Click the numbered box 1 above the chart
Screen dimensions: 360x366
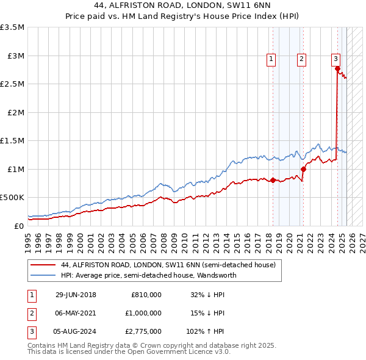click(271, 59)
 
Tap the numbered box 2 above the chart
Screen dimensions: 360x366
click(302, 59)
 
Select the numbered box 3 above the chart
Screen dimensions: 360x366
click(335, 59)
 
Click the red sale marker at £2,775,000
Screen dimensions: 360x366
click(337, 68)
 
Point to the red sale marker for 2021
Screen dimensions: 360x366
click(303, 169)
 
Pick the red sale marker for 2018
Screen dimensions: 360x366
click(273, 180)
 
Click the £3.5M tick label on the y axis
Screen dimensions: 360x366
click(12, 27)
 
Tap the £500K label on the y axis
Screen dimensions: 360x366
click(12, 198)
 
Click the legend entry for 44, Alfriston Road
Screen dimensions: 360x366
click(168, 265)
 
